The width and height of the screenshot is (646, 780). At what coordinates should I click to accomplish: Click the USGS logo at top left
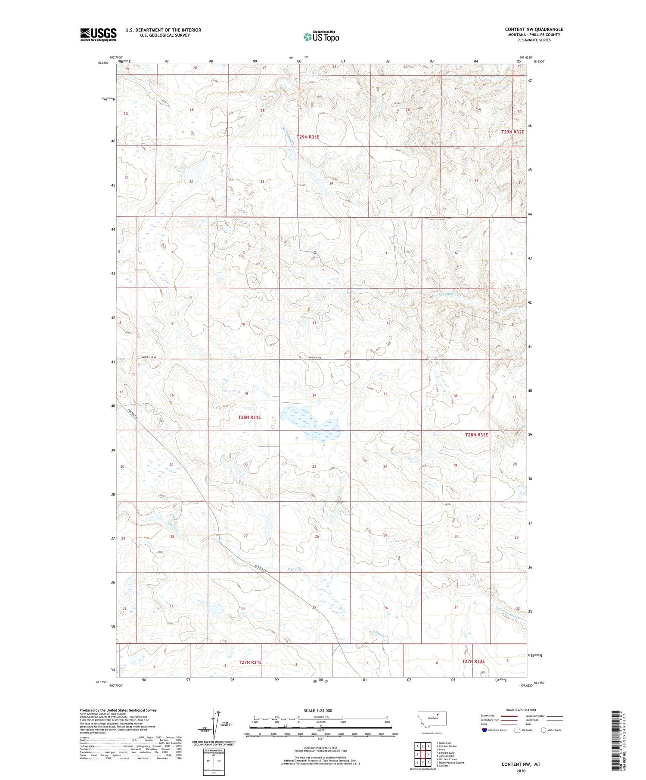pyautogui.click(x=98, y=34)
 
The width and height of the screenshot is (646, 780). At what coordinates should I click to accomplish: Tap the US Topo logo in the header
pyautogui.click(x=321, y=37)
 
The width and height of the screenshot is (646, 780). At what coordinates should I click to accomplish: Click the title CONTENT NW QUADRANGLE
pyautogui.click(x=534, y=29)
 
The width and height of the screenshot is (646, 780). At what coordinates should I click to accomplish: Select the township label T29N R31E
pyautogui.click(x=308, y=137)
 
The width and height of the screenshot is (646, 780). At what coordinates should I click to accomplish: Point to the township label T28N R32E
pyautogui.click(x=476, y=435)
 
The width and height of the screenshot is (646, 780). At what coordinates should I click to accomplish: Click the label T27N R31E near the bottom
pyautogui.click(x=250, y=663)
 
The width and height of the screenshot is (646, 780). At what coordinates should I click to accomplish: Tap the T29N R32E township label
pyautogui.click(x=512, y=132)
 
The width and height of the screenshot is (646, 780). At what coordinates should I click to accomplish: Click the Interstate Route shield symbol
pyautogui.click(x=484, y=730)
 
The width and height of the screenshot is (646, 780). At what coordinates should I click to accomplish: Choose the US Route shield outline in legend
pyautogui.click(x=517, y=730)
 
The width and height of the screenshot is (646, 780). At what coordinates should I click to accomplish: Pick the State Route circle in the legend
pyautogui.click(x=544, y=730)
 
